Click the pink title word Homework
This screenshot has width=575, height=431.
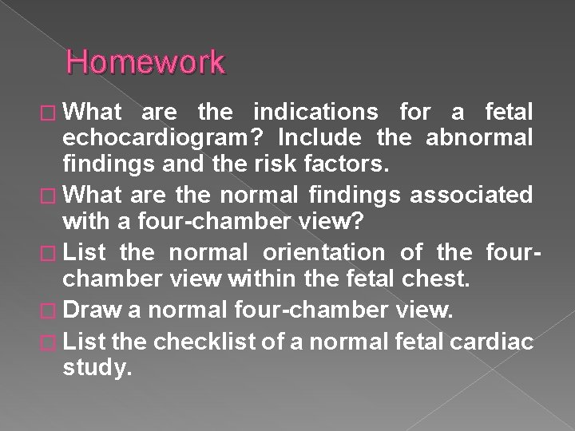click(x=146, y=62)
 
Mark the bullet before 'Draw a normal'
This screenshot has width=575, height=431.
click(x=50, y=312)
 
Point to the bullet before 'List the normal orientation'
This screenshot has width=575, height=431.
click(x=50, y=253)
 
